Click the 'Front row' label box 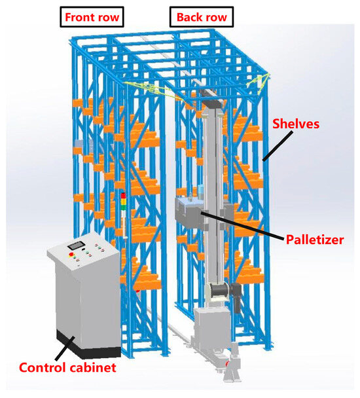(92, 17)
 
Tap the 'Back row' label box (202, 17)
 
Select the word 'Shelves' (296, 124)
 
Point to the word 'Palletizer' (315, 240)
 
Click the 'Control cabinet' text (67, 367)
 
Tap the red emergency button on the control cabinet (71, 255)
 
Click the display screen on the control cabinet (76, 245)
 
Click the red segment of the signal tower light (123, 196)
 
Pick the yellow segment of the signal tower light (123, 200)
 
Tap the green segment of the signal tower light (123, 206)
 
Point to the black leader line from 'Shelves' (278, 146)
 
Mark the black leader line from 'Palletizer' (242, 226)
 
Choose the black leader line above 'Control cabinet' (65, 348)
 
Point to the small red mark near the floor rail (228, 363)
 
